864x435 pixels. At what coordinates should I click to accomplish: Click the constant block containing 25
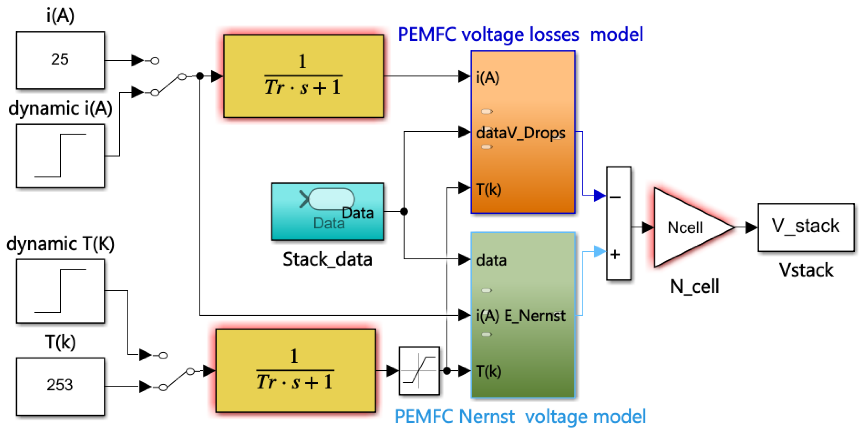[60, 60]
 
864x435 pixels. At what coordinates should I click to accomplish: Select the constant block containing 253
[60, 386]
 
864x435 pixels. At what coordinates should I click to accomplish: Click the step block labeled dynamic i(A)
[60, 156]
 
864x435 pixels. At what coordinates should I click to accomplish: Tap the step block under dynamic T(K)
[60, 291]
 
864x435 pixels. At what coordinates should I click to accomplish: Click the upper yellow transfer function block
[303, 76]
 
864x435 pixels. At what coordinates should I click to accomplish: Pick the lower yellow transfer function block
[295, 371]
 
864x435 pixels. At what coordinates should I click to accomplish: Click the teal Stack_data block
[327, 211]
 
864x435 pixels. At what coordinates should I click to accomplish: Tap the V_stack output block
[806, 227]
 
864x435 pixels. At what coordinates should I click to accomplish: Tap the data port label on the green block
[491, 260]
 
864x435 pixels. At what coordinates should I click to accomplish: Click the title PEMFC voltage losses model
[520, 34]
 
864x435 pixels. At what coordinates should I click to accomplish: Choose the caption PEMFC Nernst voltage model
[520, 417]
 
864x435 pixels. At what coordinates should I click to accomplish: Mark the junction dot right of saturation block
[447, 371]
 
